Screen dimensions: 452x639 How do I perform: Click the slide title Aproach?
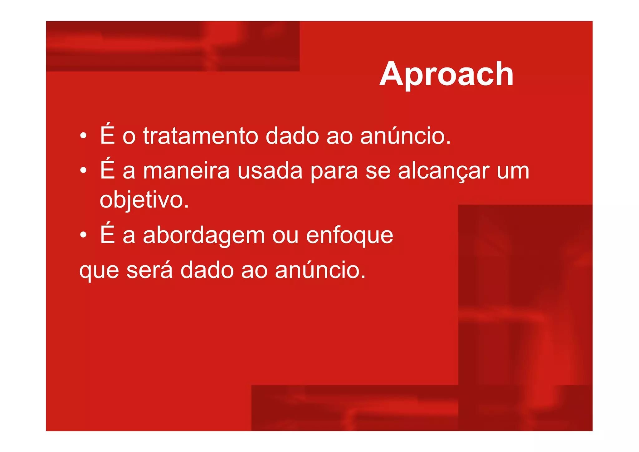coord(446,74)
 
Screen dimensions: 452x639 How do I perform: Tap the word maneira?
coord(186,171)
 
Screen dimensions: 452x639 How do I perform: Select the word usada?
coord(270,171)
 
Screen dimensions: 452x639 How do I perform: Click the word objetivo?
coord(144,200)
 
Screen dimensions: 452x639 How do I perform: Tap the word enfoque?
coord(349,236)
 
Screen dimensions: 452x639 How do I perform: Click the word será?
coord(149,270)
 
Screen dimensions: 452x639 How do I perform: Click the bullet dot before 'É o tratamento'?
coord(83,136)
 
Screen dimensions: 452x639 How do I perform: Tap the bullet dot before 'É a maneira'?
coord(83,171)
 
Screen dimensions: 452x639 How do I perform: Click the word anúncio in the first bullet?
coord(405,136)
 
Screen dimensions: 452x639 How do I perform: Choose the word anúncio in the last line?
coord(320,270)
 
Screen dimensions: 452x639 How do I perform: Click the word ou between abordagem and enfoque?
coord(285,236)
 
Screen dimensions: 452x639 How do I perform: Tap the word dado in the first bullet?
coord(292,136)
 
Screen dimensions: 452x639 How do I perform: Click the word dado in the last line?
coord(207,270)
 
